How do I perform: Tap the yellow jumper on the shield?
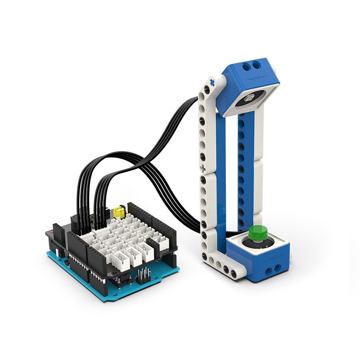pyautogui.click(x=119, y=211)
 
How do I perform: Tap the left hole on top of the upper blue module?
pyautogui.click(x=247, y=67)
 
